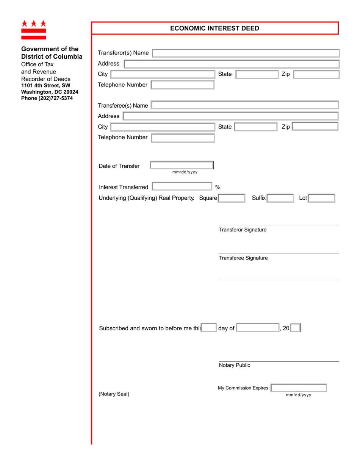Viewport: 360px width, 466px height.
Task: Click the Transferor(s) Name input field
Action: point(246,53)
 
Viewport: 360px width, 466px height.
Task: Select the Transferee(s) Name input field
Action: point(244,105)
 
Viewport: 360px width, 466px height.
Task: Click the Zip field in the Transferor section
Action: point(316,75)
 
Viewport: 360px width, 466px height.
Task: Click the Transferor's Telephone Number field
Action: point(182,85)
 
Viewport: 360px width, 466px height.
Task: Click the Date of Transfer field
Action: point(182,165)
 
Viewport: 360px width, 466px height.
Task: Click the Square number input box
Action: point(232,198)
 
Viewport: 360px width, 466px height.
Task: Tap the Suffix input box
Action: point(280,198)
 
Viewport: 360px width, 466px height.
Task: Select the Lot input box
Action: point(321,198)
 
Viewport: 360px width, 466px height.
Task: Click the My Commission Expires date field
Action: point(299,388)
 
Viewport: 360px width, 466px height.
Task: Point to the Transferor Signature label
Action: point(243,230)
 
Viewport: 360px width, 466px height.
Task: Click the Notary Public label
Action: point(235,366)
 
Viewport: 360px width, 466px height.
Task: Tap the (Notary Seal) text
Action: point(114,394)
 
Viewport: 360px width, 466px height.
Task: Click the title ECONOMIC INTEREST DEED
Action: point(214,28)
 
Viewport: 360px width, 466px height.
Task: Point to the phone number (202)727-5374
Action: point(47,98)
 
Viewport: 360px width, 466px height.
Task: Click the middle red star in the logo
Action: point(34,23)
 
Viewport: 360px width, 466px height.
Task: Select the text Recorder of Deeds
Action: point(45,79)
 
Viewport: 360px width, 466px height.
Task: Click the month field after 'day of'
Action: point(258,328)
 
